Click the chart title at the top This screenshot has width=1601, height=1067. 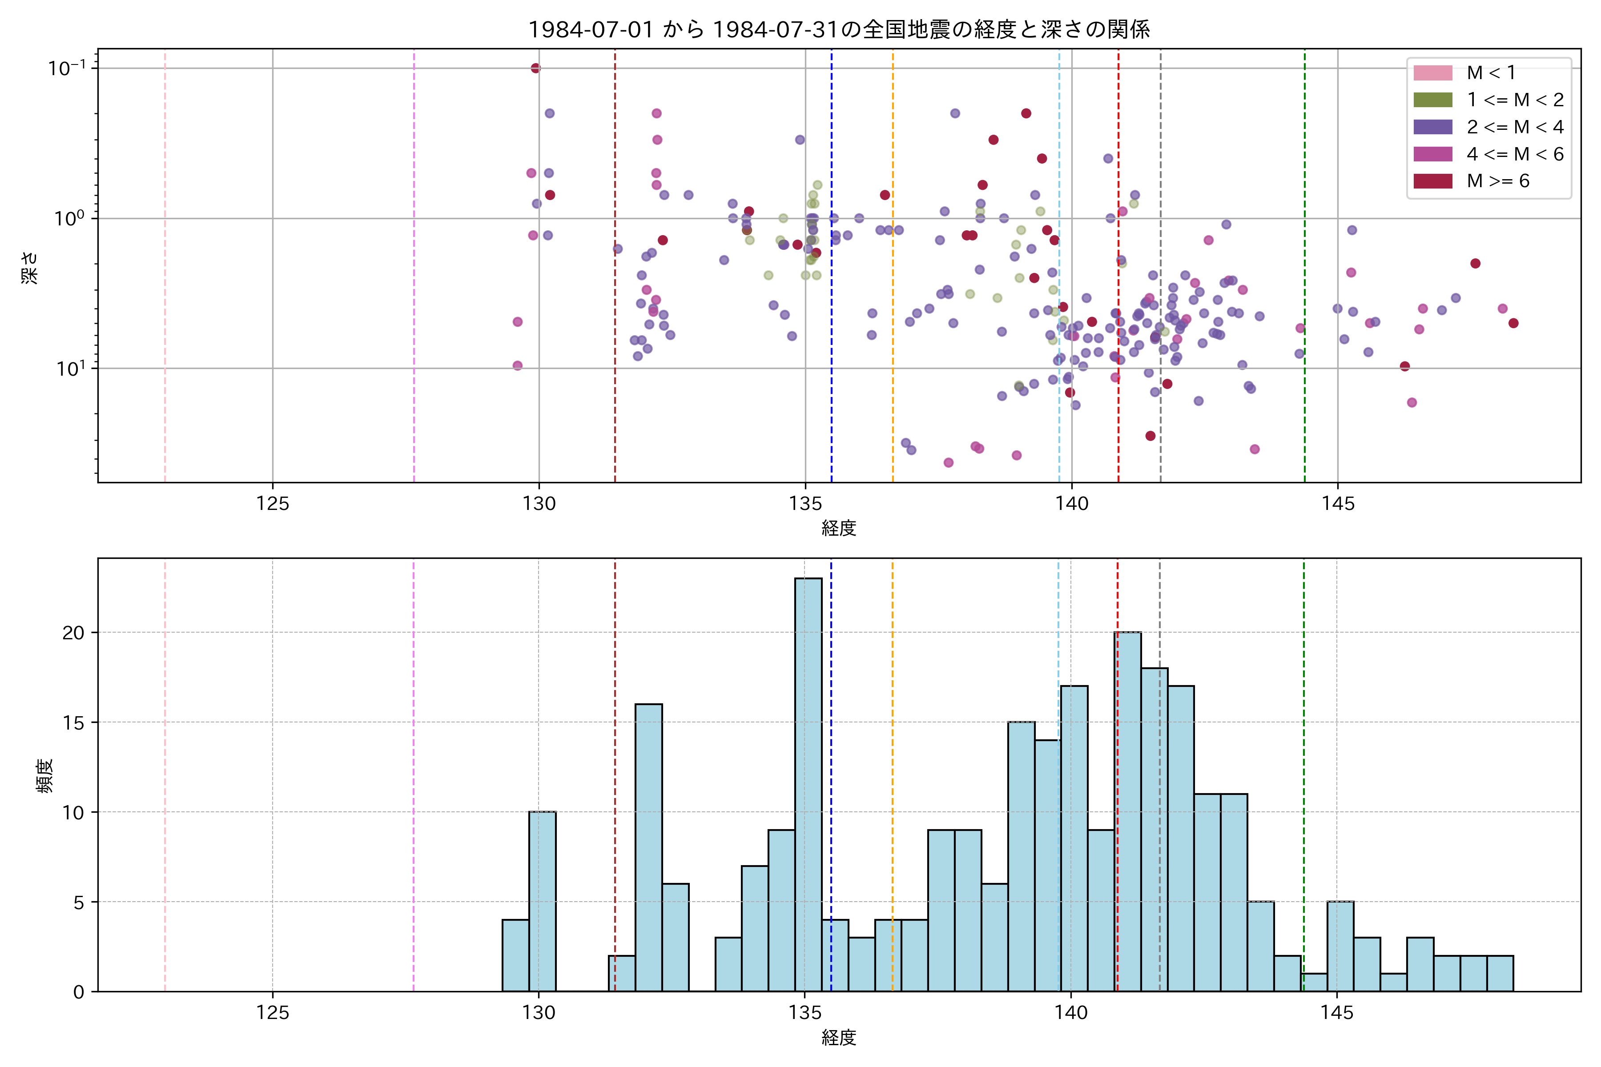pos(839,29)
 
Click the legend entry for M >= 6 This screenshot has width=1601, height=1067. pos(1497,181)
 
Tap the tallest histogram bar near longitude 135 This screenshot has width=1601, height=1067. pos(808,782)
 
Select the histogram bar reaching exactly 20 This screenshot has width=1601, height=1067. pos(1127,810)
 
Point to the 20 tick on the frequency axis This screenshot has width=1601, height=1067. pos(73,633)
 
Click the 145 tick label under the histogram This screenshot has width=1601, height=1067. pos(1337,1013)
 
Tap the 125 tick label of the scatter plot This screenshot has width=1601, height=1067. pos(273,504)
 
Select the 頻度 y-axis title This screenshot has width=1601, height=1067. pos(44,776)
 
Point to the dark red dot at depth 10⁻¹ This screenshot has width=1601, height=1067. pos(536,68)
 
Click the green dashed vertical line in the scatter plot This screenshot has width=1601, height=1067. pos(1304,272)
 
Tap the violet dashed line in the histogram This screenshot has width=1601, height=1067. pos(414,776)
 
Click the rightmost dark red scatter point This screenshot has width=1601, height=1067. pos(1513,323)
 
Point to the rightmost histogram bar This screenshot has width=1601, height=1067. pos(1500,974)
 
